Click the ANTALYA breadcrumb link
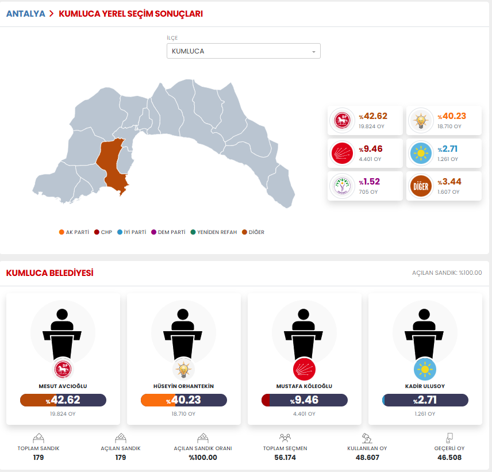[25, 14]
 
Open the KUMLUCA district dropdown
[243, 51]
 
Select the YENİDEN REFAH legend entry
[214, 232]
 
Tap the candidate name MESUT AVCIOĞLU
[63, 386]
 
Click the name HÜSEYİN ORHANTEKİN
[183, 386]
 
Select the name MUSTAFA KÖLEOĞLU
[304, 386]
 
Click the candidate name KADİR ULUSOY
[425, 386]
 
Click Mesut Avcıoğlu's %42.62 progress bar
[63, 400]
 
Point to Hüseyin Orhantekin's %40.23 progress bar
[183, 400]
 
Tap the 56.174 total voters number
[285, 458]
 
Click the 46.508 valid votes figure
[449, 458]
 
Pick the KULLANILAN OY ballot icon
[367, 439]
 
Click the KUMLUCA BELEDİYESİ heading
[49, 273]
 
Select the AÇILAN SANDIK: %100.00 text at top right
[447, 273]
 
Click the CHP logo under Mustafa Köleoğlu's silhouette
[304, 369]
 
